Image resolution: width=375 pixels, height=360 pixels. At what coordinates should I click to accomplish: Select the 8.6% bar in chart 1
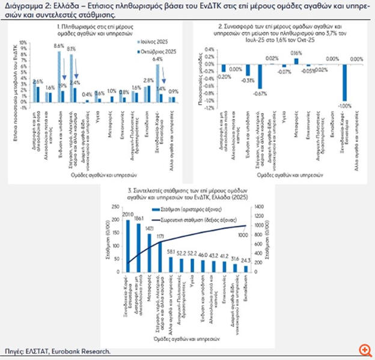[59, 73]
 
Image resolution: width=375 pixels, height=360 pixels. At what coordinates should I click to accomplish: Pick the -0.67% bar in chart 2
[260, 75]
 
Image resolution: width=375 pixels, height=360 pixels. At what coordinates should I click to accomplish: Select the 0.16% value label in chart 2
[296, 53]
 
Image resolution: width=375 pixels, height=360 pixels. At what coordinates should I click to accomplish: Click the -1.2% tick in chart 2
[209, 109]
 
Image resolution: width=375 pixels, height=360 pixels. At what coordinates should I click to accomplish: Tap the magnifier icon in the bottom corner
[364, 349]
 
